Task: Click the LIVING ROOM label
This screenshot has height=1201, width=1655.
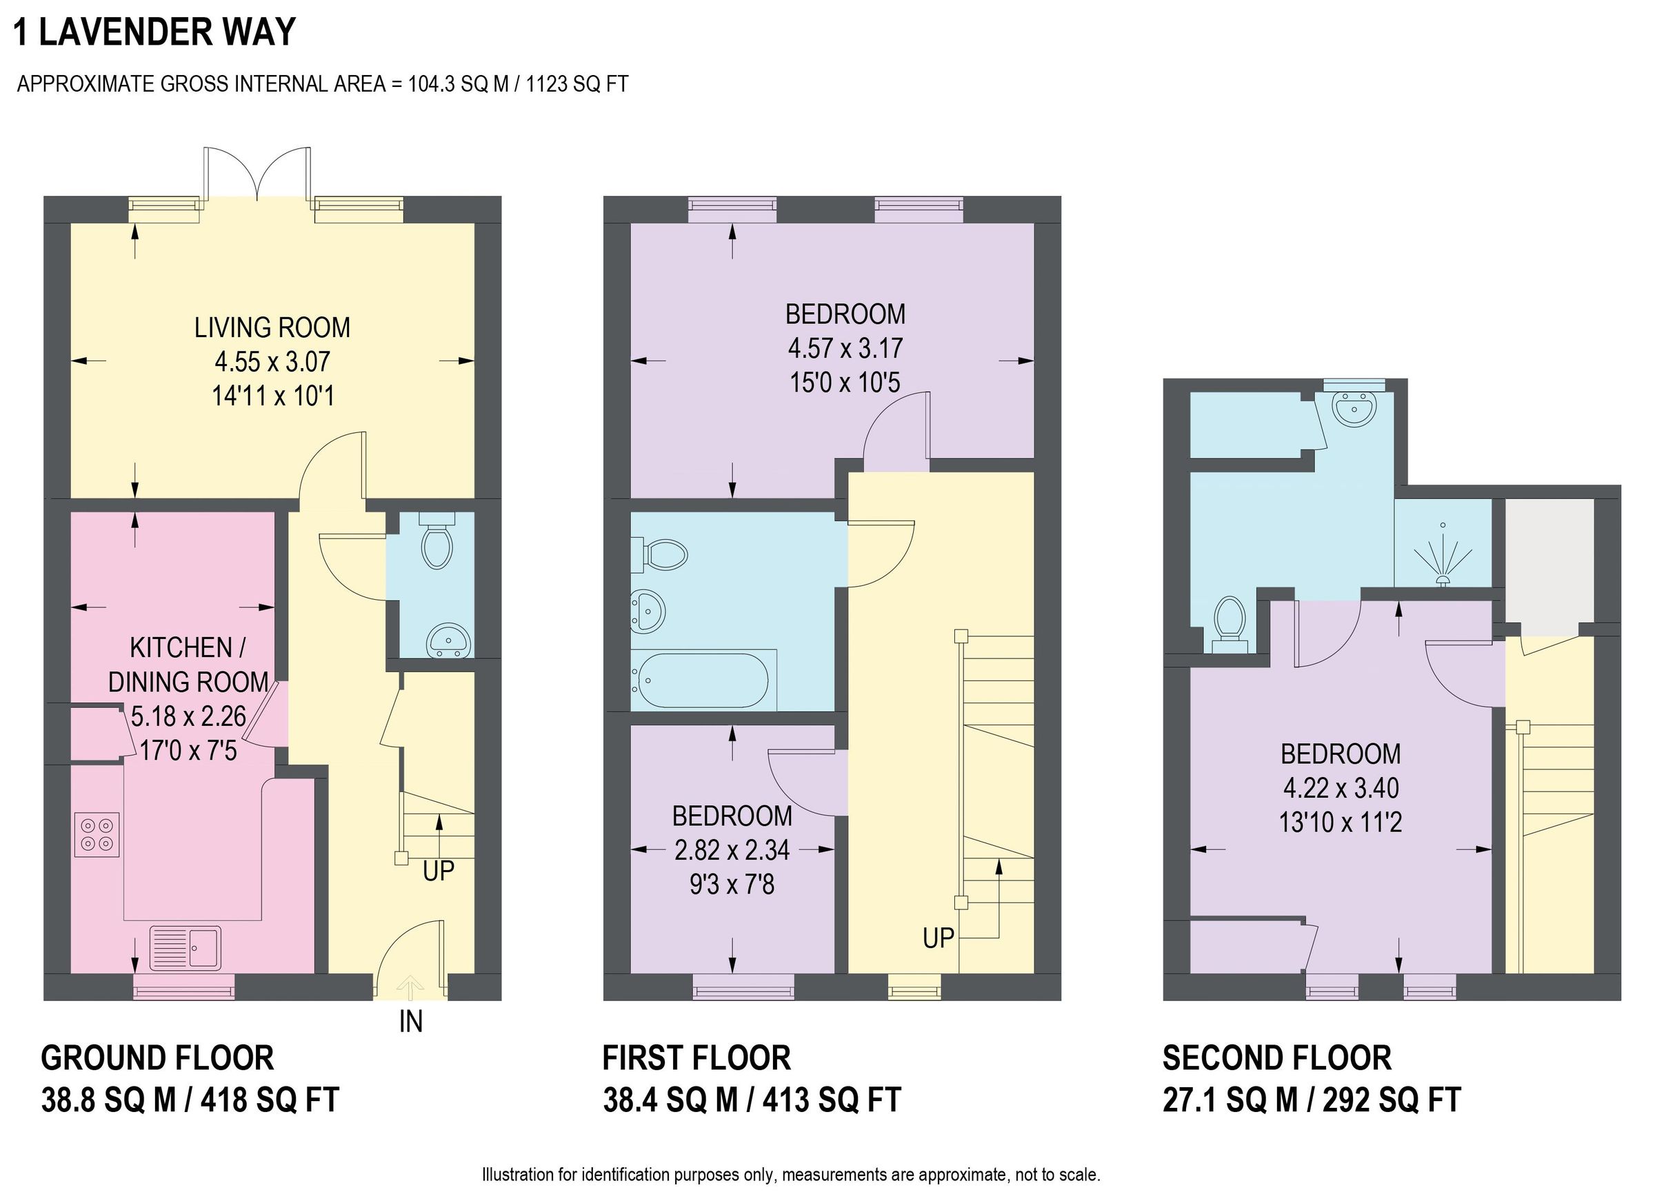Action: [272, 327]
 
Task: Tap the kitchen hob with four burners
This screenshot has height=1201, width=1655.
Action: [97, 835]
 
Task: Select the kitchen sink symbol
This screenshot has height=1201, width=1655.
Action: [185, 948]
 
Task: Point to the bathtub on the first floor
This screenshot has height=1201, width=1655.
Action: [702, 680]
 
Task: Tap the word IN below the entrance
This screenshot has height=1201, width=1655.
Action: [411, 1022]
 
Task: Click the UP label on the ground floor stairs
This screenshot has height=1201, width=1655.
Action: [439, 871]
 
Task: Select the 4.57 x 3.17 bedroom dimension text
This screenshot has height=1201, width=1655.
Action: [845, 348]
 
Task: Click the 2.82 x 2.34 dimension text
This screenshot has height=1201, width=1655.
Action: [732, 850]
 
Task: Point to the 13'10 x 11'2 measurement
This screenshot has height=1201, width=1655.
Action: [1341, 822]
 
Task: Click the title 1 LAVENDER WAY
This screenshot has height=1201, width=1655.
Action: [154, 32]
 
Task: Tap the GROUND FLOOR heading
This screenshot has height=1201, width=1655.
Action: [158, 1058]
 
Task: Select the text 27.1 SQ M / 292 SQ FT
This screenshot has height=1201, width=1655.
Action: [1312, 1100]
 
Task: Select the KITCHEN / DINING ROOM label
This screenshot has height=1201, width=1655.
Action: [188, 665]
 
